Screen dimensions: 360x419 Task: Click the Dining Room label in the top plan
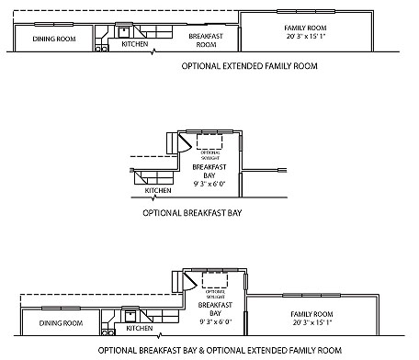54,39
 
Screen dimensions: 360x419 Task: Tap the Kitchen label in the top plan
135,43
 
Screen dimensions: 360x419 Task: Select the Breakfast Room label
207,39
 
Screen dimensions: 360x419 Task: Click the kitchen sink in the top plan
122,30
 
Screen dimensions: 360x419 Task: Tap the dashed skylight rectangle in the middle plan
209,142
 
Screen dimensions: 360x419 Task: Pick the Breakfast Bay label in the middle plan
209,172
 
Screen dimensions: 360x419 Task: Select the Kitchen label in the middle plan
158,191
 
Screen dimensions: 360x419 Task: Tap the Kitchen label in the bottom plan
139,328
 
